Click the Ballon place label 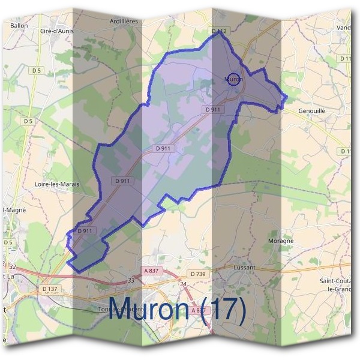(x=19, y=26)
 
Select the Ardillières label (x=124, y=21)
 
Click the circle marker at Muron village (x=235, y=79)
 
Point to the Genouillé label (x=311, y=111)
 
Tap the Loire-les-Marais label (x=58, y=184)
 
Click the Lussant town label (x=243, y=267)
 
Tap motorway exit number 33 (x=131, y=280)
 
